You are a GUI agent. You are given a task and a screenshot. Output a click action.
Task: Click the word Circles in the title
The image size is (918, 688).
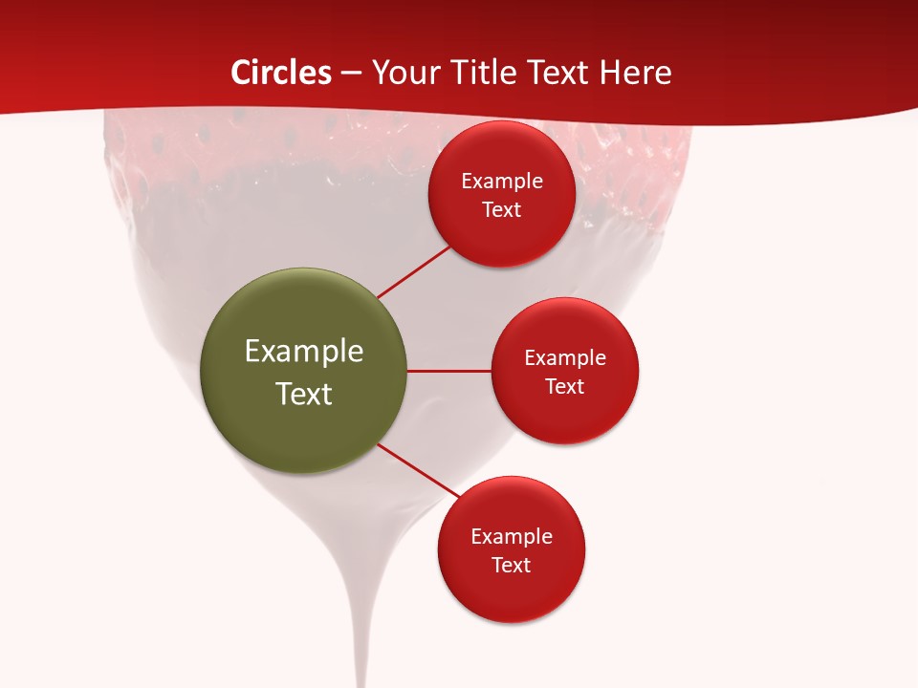[x=280, y=73]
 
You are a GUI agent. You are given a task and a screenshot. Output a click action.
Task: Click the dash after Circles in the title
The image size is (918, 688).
[x=351, y=74]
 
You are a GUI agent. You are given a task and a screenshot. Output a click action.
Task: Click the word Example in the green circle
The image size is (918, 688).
[x=304, y=352]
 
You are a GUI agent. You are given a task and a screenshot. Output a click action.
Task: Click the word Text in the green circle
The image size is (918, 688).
[x=304, y=394]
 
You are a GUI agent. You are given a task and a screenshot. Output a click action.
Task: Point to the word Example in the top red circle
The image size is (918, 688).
[x=502, y=182]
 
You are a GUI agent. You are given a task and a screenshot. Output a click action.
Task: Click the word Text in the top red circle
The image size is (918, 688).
[x=502, y=210]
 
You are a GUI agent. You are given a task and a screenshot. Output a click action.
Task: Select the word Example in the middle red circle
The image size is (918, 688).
[x=565, y=358]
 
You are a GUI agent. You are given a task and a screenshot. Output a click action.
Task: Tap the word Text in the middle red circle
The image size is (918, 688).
[x=565, y=387]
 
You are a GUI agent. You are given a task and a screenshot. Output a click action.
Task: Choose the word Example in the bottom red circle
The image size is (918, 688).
[x=512, y=537]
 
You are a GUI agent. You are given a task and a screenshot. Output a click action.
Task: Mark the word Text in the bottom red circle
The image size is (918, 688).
[x=512, y=566]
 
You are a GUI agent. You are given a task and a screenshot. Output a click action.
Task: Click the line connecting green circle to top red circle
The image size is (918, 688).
[x=414, y=272]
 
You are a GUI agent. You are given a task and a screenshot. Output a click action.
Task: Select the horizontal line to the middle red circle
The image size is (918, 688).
[x=449, y=371]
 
